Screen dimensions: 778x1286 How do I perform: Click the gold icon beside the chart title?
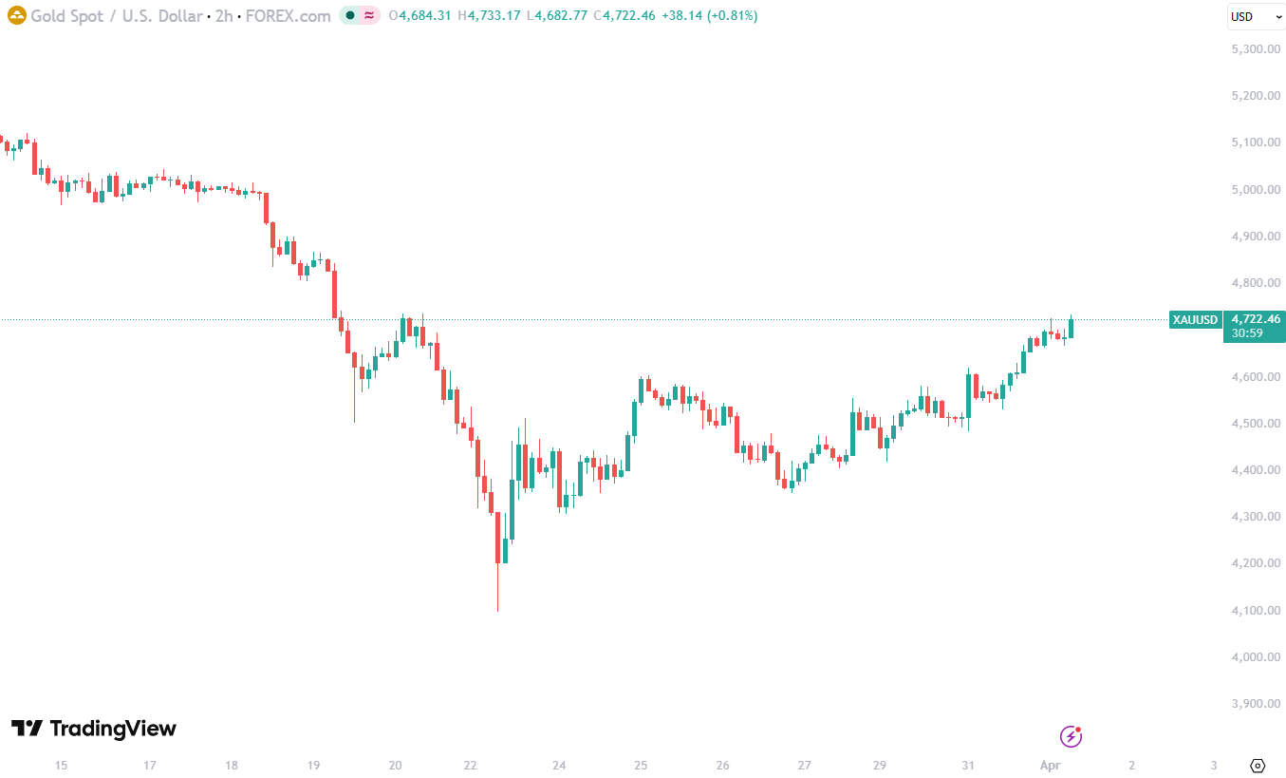point(16,16)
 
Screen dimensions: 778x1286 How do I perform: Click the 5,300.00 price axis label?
point(1255,48)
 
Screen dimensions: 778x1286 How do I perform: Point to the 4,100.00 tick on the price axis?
point(1255,610)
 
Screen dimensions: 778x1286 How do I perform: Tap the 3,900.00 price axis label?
point(1255,704)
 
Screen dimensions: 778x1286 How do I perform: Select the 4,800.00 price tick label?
point(1255,282)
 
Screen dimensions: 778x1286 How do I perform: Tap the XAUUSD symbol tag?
point(1195,320)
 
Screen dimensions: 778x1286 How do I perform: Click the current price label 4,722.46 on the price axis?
point(1254,319)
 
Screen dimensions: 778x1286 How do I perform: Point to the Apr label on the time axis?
point(1049,765)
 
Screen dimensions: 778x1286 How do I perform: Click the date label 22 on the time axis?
point(472,765)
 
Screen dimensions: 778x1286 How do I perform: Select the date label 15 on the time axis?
point(61,765)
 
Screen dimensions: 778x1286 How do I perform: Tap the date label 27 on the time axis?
point(804,765)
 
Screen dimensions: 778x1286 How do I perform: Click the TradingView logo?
point(94,729)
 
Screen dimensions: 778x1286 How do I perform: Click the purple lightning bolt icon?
point(1071,736)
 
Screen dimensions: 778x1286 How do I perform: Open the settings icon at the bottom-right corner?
point(1258,765)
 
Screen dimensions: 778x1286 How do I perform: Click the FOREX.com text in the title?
point(289,16)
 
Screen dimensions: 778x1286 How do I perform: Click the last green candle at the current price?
point(1072,328)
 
